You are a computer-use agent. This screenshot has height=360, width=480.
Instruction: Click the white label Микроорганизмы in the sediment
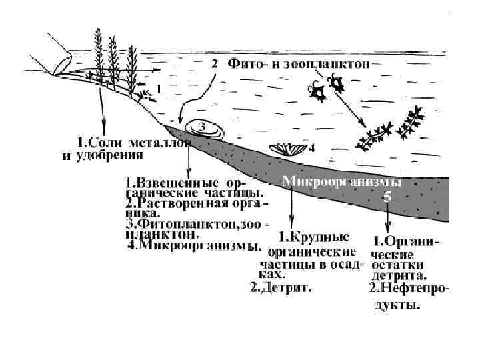point(341,181)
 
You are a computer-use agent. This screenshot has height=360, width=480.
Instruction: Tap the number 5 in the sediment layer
point(387,197)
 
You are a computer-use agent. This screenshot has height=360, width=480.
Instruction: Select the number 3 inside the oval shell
point(203,125)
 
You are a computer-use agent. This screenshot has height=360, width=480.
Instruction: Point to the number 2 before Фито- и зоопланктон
point(215,65)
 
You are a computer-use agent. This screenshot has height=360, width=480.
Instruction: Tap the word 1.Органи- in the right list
point(406,241)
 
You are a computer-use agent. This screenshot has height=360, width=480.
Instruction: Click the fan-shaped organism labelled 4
point(288,148)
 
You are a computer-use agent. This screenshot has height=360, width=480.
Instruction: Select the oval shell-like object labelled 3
point(203,127)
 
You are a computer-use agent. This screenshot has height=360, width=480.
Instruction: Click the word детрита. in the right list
point(399,275)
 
